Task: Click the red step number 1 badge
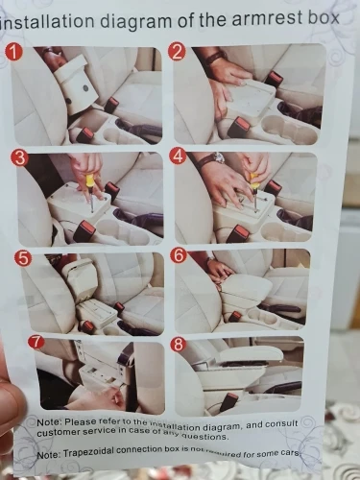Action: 13,52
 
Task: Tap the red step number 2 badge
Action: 178,52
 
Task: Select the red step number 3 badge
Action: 20,158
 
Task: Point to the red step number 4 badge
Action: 179,156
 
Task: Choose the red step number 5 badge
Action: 24,258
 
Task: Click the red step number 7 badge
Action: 36,342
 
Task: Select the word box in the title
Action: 324,17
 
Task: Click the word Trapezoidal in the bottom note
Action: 88,452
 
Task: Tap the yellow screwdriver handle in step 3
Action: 90,180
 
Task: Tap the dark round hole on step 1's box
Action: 85,87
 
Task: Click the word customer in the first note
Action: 60,433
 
